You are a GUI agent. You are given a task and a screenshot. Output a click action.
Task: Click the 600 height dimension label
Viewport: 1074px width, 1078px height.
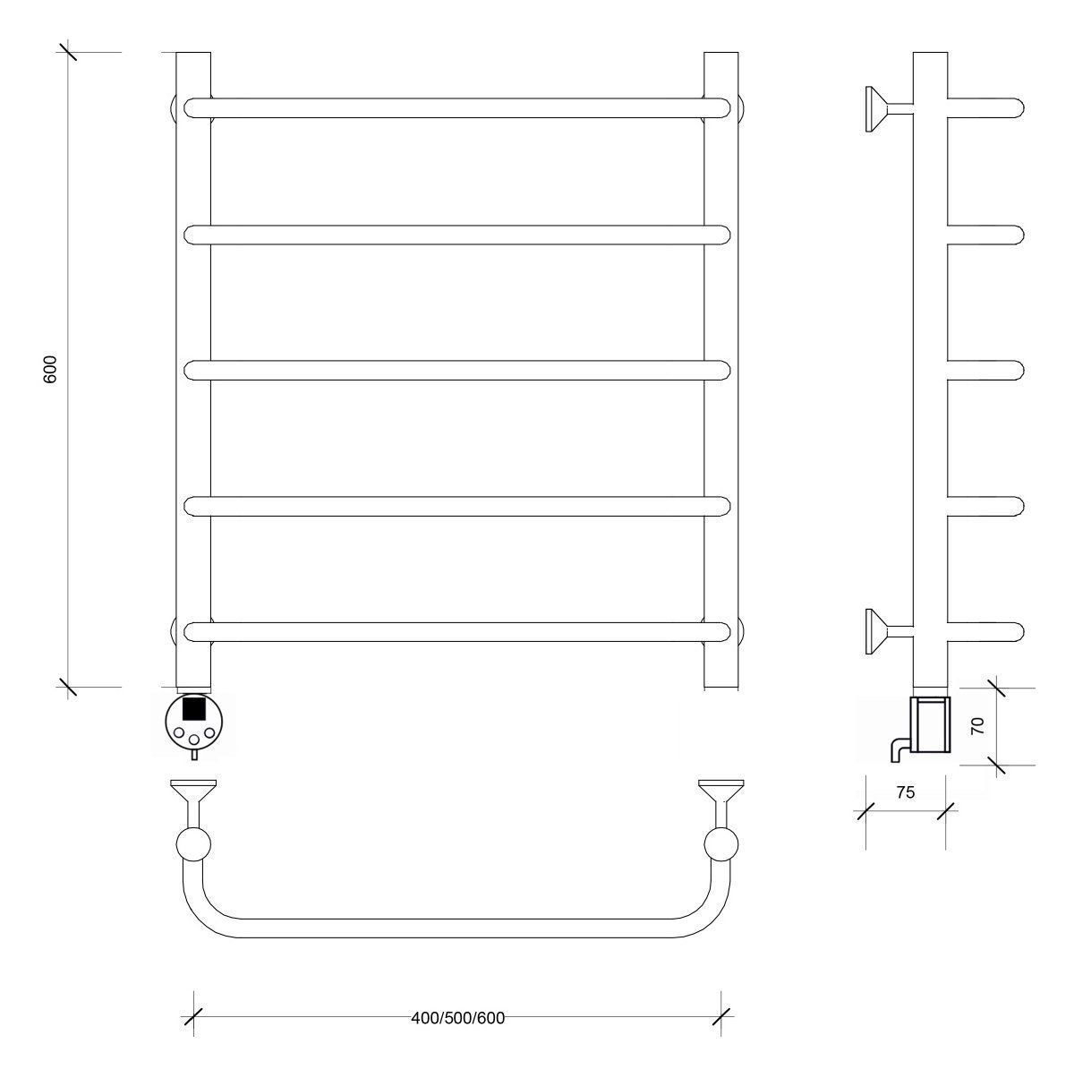[x=50, y=369]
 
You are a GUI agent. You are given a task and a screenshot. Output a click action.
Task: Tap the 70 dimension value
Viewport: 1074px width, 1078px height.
[x=977, y=725]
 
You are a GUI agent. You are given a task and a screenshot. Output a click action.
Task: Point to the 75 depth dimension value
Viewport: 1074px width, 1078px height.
[x=905, y=792]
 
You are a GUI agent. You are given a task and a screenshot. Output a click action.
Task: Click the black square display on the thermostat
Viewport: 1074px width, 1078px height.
[x=193, y=707]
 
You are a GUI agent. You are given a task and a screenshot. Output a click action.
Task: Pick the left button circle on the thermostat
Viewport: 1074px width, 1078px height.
[x=179, y=732]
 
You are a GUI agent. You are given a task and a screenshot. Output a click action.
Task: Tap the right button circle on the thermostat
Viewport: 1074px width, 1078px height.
[x=209, y=732]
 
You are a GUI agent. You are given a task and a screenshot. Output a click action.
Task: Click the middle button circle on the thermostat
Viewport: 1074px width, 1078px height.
[x=194, y=740]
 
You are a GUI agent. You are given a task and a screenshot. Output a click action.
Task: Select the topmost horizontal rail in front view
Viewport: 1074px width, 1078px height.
[x=457, y=108]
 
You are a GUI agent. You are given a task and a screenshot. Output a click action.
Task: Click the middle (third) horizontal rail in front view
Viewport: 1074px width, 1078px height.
[x=457, y=371]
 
